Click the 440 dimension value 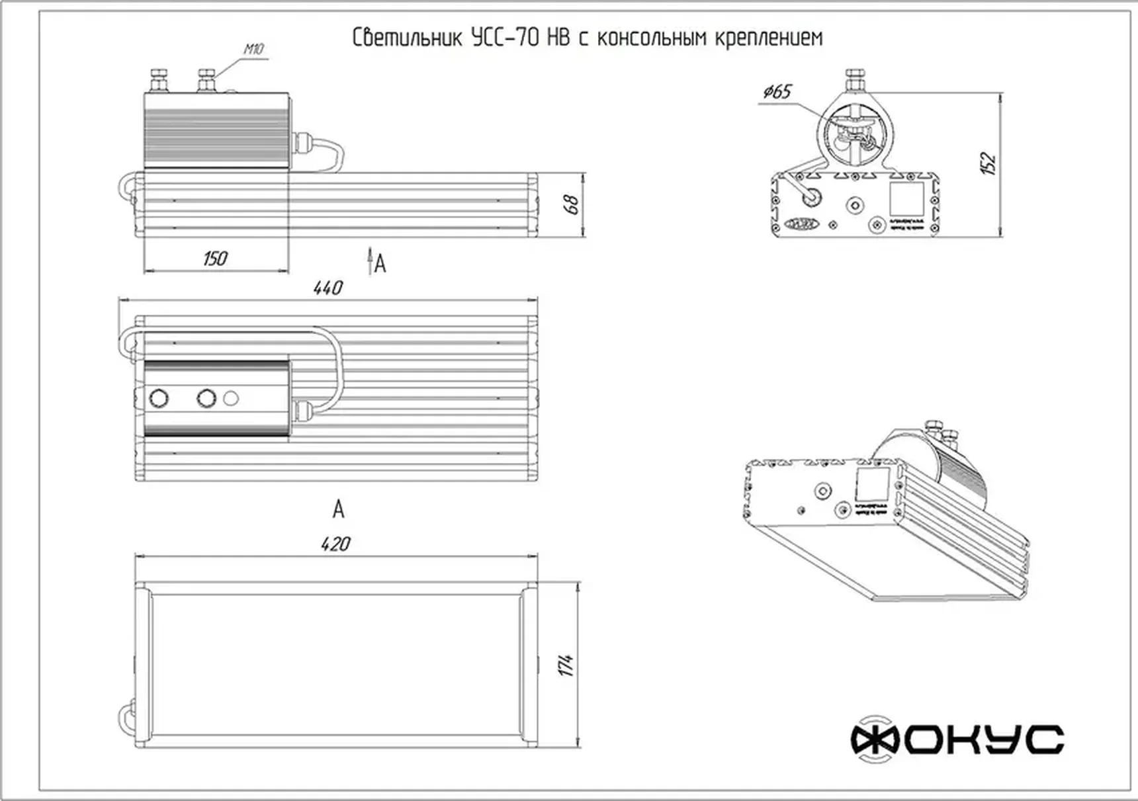[x=328, y=288]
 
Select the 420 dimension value [x=335, y=544]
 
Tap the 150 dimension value [x=215, y=258]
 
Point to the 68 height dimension [x=573, y=204]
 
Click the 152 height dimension [x=987, y=163]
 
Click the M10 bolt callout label [x=253, y=49]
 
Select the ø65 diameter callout [x=777, y=91]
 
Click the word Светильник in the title [x=407, y=38]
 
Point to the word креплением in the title [x=769, y=38]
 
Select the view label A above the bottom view [x=338, y=509]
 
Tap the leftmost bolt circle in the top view [x=159, y=398]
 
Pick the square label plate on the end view [x=906, y=198]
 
